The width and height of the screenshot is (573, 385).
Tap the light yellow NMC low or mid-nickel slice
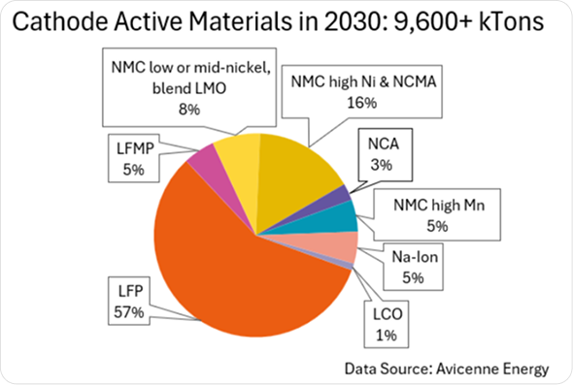[241, 161]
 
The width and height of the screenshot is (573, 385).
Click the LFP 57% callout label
[129, 302]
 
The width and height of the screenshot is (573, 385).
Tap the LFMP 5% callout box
[134, 158]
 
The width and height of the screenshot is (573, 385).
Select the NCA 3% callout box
[386, 154]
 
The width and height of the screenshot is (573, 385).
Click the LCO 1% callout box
[387, 324]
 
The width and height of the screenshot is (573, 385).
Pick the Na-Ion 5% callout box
[414, 267]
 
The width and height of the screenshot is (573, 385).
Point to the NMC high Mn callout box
[437, 215]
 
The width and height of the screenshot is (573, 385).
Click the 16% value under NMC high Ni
[362, 103]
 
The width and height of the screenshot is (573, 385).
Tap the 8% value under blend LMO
[189, 110]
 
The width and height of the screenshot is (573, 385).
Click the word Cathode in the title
[60, 21]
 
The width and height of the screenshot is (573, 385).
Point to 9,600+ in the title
[432, 22]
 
